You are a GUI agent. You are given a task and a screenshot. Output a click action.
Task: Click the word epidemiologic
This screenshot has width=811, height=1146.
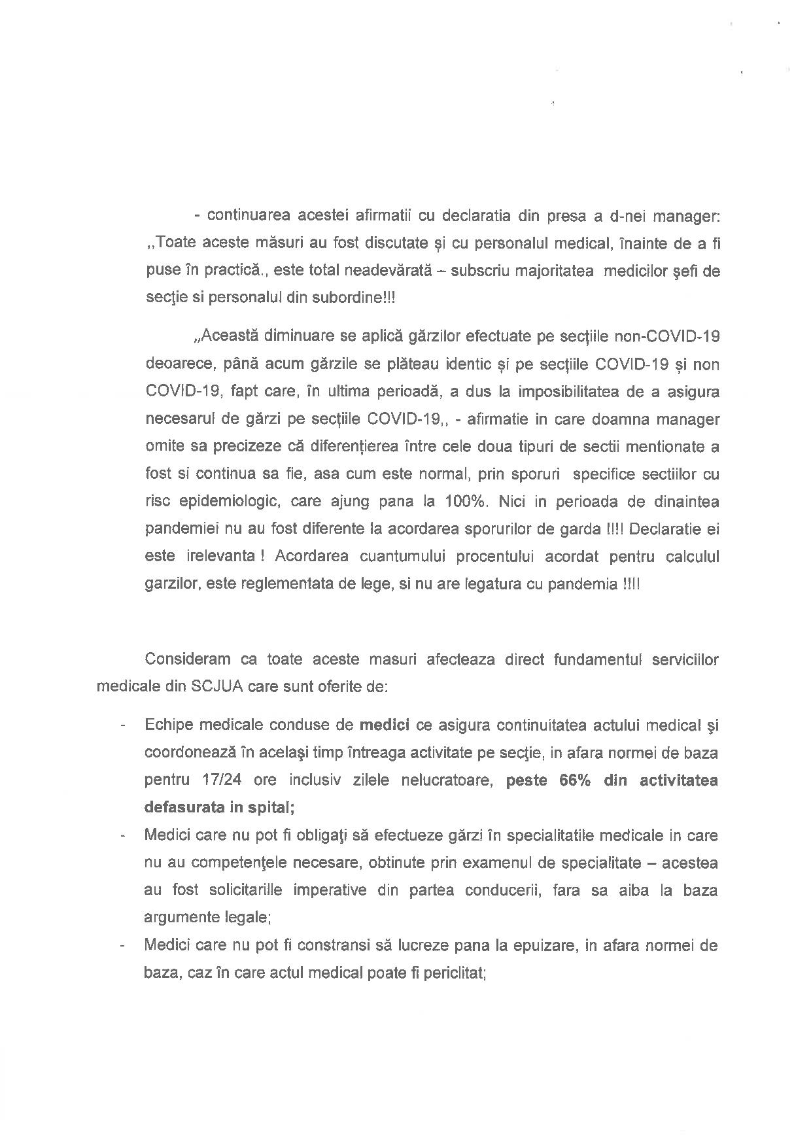pos(223,502)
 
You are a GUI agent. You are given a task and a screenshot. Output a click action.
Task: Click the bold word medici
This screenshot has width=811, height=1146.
pos(385,725)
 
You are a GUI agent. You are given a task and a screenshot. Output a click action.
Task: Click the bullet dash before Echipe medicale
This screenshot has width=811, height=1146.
pos(122,725)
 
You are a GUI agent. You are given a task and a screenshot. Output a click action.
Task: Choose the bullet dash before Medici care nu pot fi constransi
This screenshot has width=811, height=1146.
pos(122,946)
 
